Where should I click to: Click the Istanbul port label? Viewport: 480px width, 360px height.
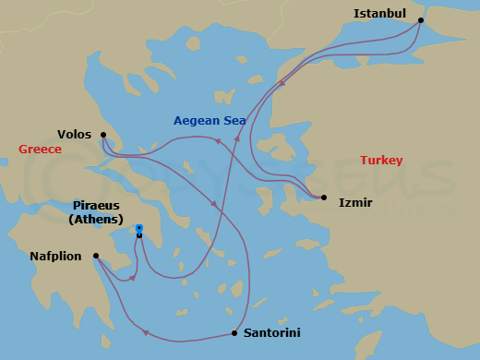[x=379, y=13]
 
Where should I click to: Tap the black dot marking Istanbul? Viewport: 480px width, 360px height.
[x=421, y=19]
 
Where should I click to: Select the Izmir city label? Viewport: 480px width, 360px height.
[x=355, y=202]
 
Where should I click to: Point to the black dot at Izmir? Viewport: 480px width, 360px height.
[x=323, y=197]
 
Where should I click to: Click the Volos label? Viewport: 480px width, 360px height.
[x=74, y=134]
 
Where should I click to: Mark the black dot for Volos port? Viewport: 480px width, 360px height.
[x=102, y=135]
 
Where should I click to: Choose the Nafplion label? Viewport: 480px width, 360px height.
[x=55, y=257]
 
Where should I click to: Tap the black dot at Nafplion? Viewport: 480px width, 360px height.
[x=96, y=257]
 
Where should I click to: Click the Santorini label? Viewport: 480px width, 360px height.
[x=271, y=332]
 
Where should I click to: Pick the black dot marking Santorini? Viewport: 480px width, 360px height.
[x=234, y=332]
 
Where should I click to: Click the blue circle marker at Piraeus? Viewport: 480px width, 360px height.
[x=139, y=228]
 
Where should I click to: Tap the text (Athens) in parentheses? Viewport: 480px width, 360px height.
[x=96, y=220]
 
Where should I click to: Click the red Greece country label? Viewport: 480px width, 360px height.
[x=40, y=149]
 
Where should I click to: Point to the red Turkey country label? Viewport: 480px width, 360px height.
[x=381, y=160]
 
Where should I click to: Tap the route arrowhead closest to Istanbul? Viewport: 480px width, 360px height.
[x=282, y=82]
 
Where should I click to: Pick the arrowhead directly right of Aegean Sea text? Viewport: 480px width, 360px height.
[x=236, y=137]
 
